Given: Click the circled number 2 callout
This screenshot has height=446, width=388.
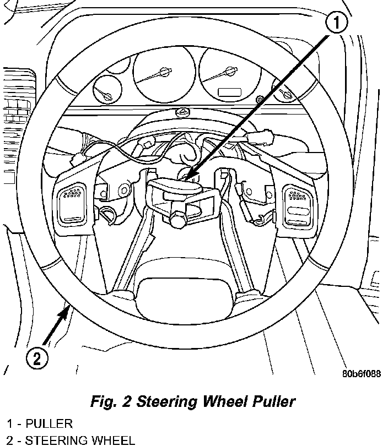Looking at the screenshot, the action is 37,358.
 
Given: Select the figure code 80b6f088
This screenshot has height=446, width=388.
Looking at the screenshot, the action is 361,373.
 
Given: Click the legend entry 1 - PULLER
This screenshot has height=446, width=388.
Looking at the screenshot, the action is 39,423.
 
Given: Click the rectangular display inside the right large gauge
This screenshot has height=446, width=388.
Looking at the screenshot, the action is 229,93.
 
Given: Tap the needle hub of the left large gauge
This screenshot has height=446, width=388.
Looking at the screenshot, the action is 164,72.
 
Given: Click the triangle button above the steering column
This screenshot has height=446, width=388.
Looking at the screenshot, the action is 182,112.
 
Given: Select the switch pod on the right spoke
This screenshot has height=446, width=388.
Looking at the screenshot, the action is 298,204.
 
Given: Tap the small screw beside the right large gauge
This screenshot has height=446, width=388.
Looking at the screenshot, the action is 260,99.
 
